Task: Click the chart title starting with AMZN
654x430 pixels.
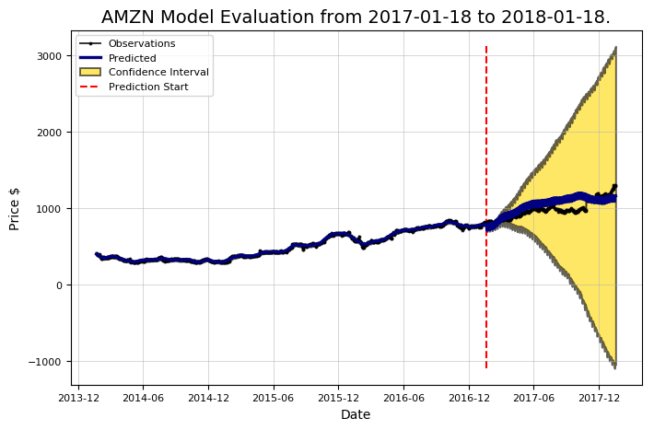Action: [356, 17]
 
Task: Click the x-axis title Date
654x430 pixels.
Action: [356, 415]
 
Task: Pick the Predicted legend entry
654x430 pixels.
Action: [134, 57]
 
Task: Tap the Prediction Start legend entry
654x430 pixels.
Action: [148, 87]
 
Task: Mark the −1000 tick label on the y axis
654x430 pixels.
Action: [47, 362]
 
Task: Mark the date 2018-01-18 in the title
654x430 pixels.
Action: [564, 17]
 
